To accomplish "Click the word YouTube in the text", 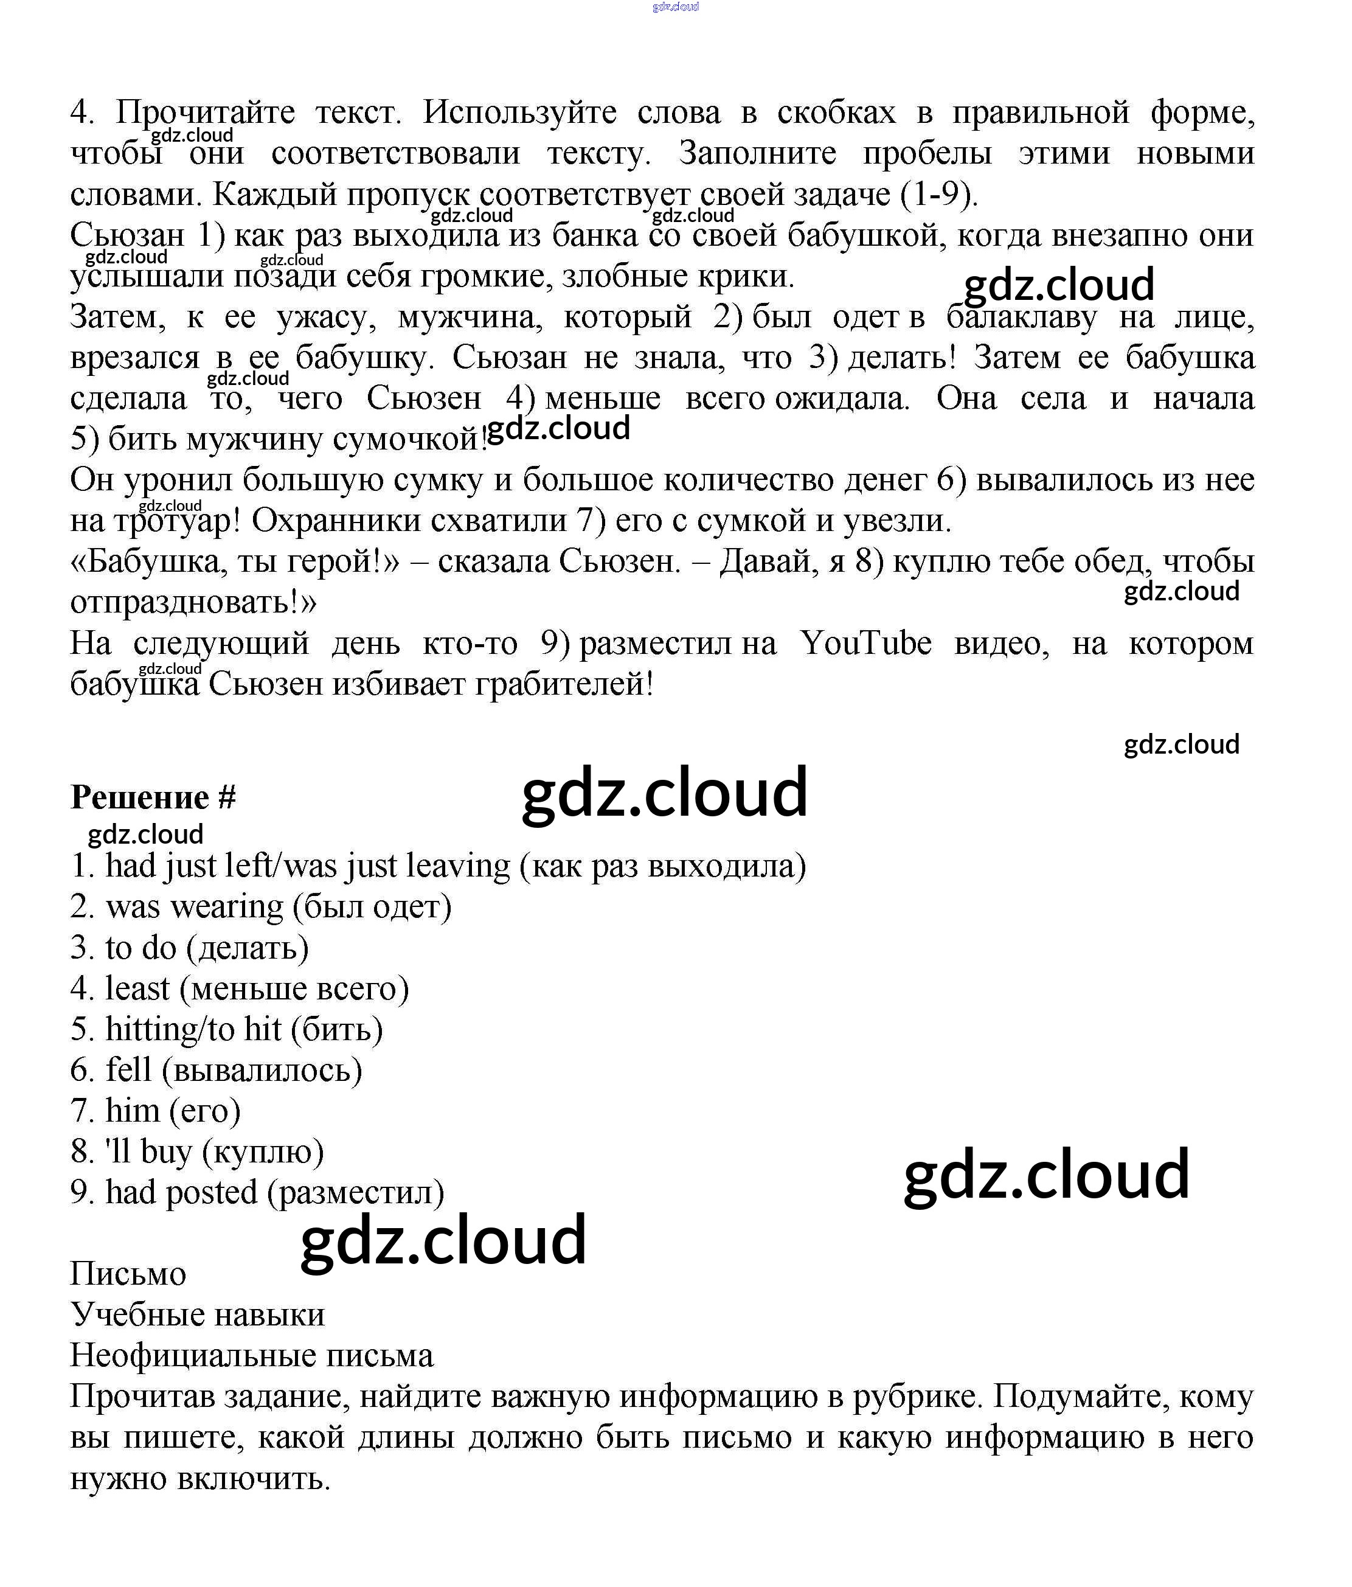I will (x=865, y=644).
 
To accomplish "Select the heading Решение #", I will (x=153, y=798).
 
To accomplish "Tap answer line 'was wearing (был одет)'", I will (x=260, y=907).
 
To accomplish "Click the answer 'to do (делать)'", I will (x=189, y=948).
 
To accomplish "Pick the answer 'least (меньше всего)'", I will (x=239, y=989).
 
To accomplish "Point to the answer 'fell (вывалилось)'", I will (x=216, y=1070).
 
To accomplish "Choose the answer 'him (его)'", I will (x=156, y=1111).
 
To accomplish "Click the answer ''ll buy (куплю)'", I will (x=197, y=1152).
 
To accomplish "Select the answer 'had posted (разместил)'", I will (x=257, y=1193).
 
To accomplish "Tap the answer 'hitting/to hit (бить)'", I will (x=226, y=1029).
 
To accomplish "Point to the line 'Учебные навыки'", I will (x=198, y=1315).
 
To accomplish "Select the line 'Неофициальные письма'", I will (x=251, y=1356).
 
